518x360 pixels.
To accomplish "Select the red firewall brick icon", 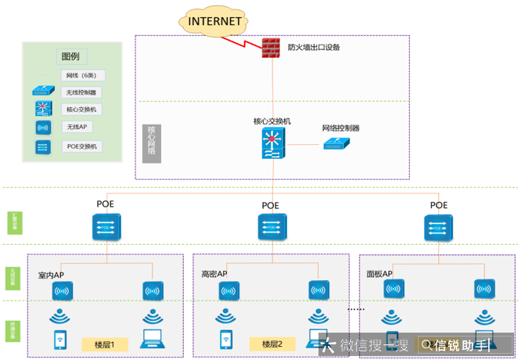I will pyautogui.click(x=271, y=47).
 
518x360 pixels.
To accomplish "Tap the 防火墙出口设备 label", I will pyautogui.click(x=313, y=47).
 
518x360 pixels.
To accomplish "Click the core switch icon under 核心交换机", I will pyautogui.click(x=273, y=146).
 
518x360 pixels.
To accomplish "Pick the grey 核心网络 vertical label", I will pyautogui.click(x=152, y=143).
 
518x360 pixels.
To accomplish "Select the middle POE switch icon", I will pyautogui.click(x=271, y=228).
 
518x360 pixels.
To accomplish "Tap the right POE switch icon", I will pyautogui.click(x=438, y=228).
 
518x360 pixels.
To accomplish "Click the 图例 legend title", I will pyautogui.click(x=70, y=56).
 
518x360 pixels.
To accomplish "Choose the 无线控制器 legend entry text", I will pyautogui.click(x=81, y=92).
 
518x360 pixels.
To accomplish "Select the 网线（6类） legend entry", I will pyautogui.click(x=81, y=75).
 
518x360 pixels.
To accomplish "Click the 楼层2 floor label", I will pyautogui.click(x=272, y=344).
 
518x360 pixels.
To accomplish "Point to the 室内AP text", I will pyautogui.click(x=51, y=275).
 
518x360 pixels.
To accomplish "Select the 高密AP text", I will pyautogui.click(x=214, y=274).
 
